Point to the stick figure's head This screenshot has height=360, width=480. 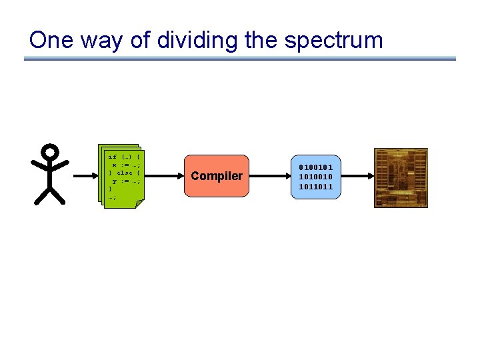pyautogui.click(x=50, y=153)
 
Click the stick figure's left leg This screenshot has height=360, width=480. pyautogui.click(x=41, y=196)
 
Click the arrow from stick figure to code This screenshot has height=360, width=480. pyautogui.click(x=85, y=176)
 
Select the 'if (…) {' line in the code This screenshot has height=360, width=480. pyautogui.click(x=123, y=157)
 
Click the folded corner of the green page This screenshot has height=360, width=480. pyautogui.click(x=139, y=203)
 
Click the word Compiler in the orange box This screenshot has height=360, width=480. pyautogui.click(x=217, y=176)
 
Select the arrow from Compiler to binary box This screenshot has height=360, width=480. pyautogui.click(x=269, y=176)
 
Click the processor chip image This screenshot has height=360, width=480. pyautogui.click(x=401, y=177)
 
